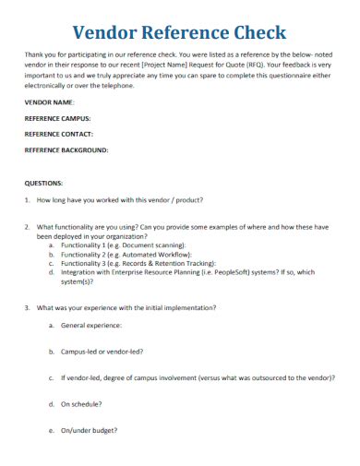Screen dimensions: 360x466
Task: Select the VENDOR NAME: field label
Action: [x=50, y=102]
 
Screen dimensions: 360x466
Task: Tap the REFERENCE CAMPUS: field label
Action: [x=58, y=118]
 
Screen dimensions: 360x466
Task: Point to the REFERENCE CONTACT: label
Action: [x=59, y=133]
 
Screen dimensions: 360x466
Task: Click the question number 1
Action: [x=28, y=200]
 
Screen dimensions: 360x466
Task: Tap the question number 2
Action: [x=28, y=226]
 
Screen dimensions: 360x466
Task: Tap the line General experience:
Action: [x=90, y=326]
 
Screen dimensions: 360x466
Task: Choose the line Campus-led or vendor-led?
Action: [x=102, y=352]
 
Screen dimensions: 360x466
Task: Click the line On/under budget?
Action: [x=89, y=430]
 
